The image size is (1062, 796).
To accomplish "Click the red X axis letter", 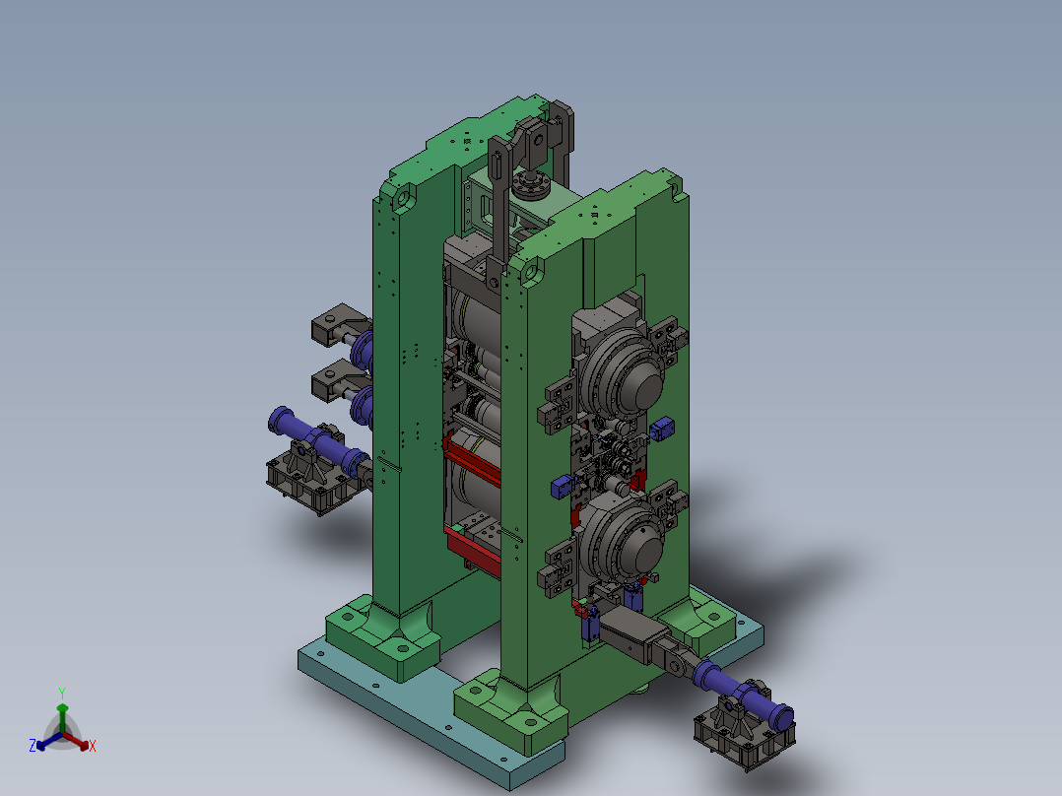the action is pyautogui.click(x=93, y=746).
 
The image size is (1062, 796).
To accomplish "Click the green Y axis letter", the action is pyautogui.click(x=62, y=693).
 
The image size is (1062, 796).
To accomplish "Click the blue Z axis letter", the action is pyautogui.click(x=32, y=745).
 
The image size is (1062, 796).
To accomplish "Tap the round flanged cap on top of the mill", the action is pyautogui.click(x=531, y=184).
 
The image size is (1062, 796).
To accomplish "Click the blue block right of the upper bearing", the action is pyautogui.click(x=661, y=429).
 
